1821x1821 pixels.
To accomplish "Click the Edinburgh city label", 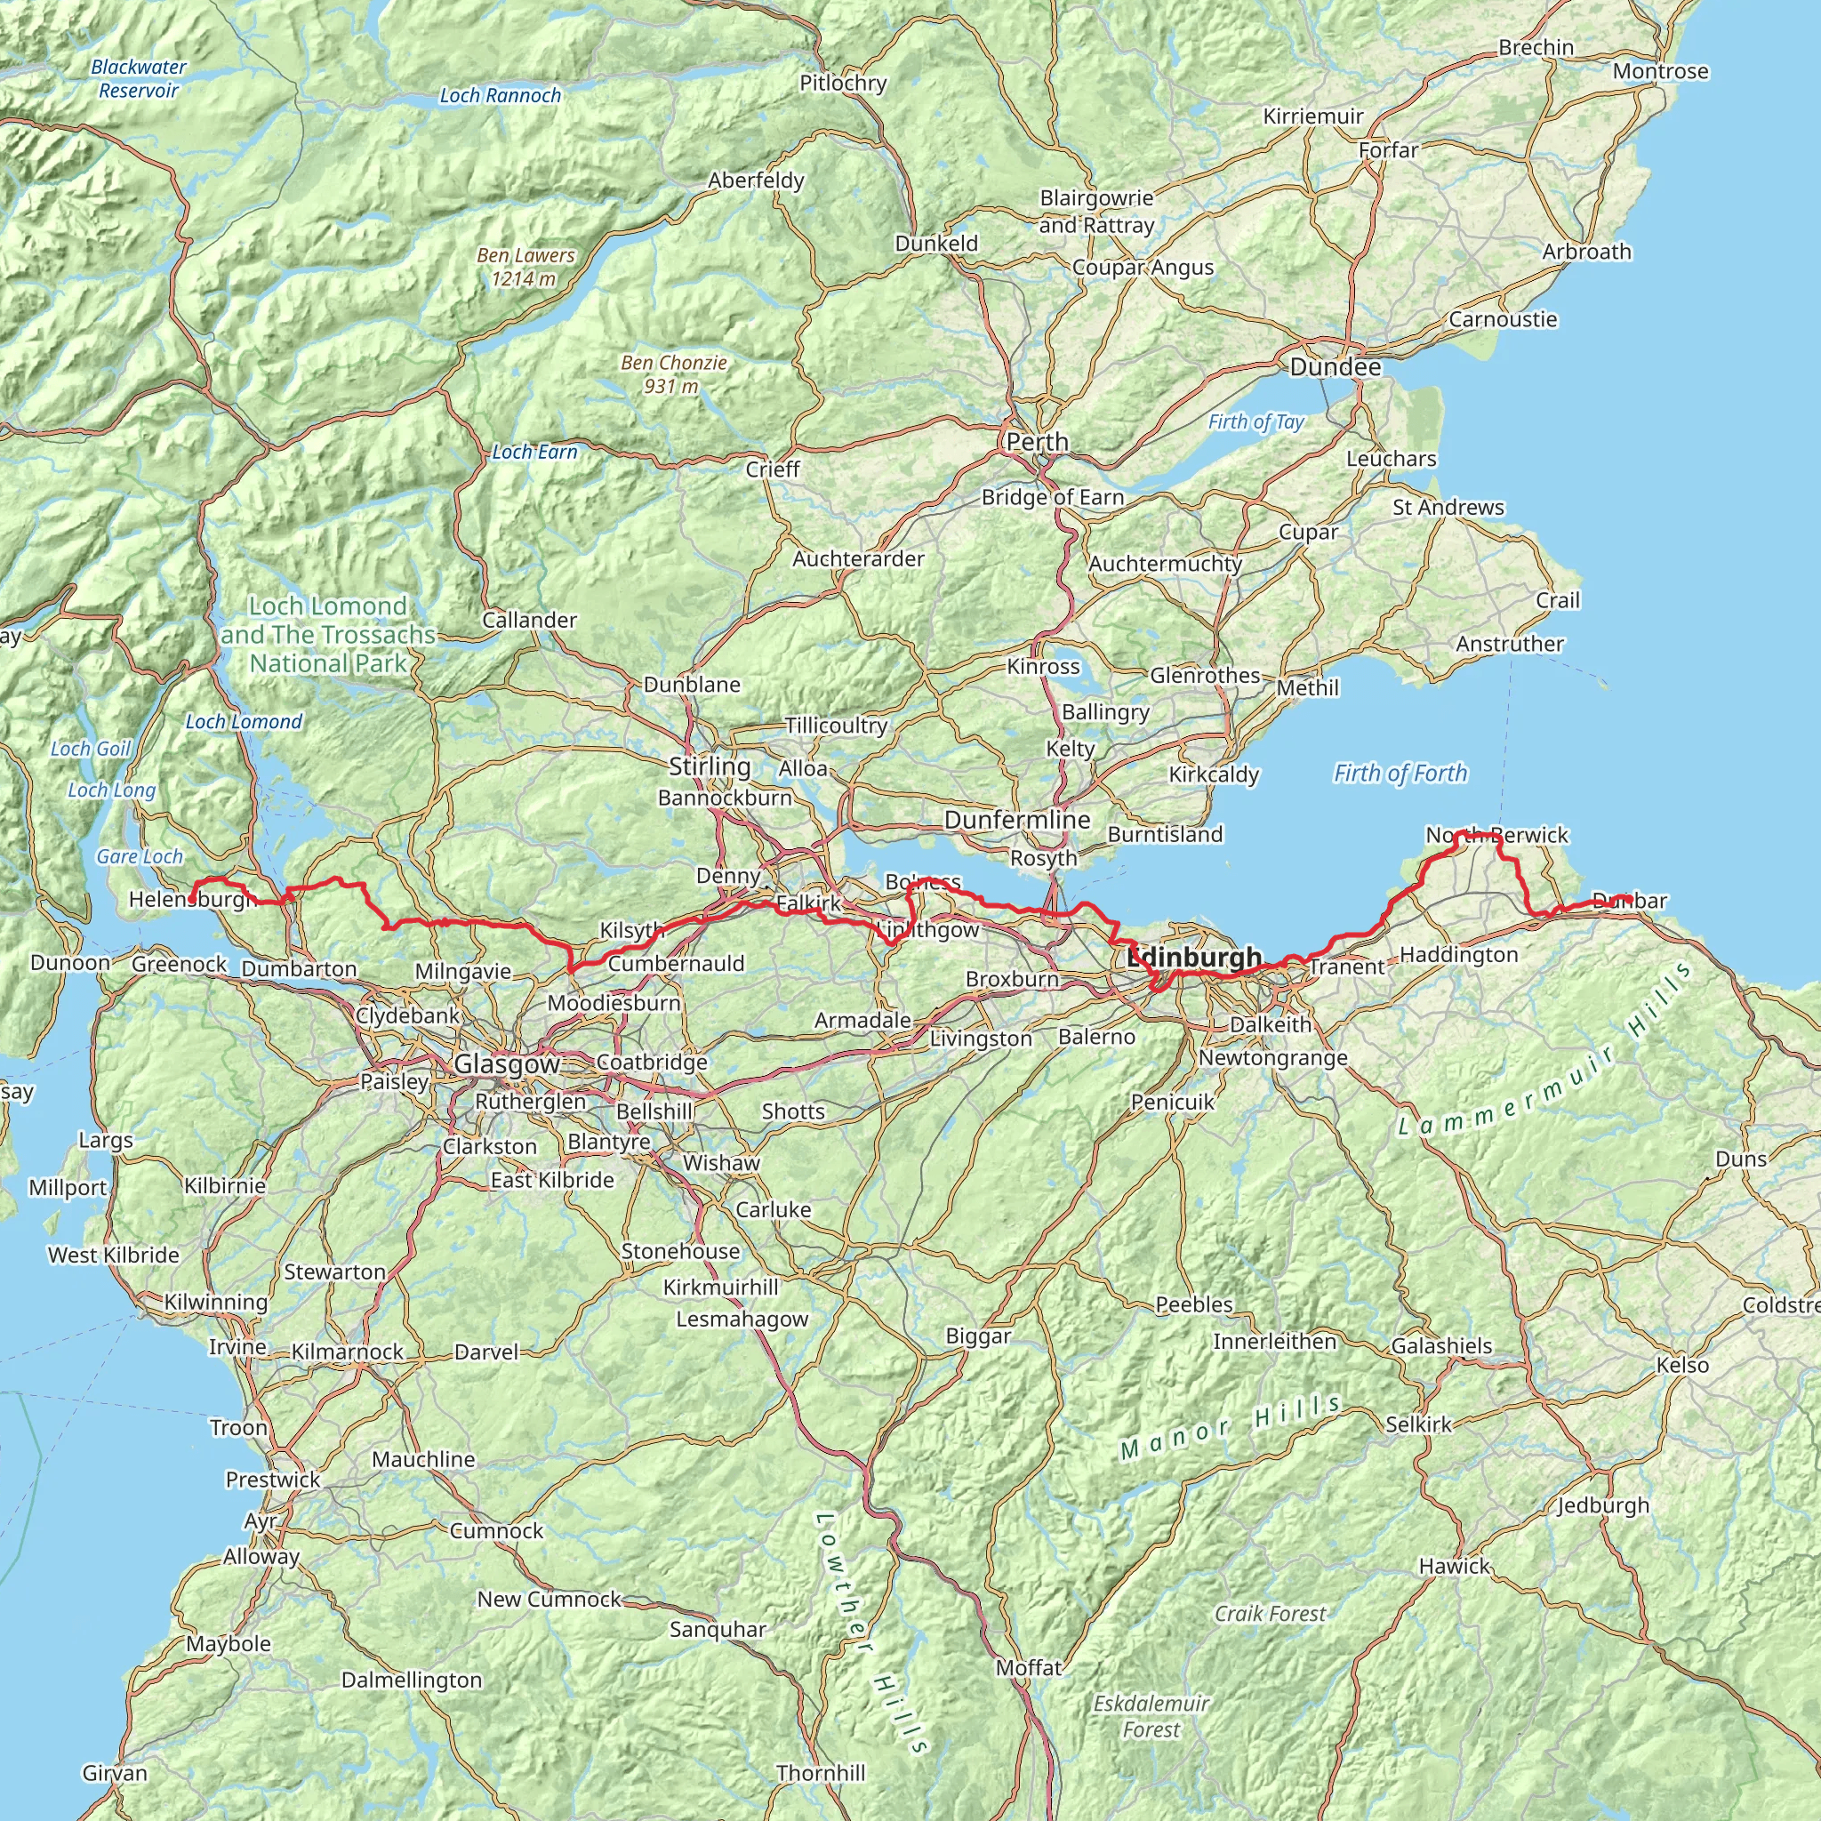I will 1194,958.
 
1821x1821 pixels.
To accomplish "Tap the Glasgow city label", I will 507,1064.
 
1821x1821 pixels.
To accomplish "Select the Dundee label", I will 1335,366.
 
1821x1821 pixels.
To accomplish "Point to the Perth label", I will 1037,441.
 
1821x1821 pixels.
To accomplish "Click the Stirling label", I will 710,766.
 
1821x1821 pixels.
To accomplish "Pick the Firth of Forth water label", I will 1400,773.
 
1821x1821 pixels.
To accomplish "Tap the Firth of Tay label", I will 1255,421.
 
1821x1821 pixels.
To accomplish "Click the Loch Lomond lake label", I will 243,721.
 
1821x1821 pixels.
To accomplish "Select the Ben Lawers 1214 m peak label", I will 525,267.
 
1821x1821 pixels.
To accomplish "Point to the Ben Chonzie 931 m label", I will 673,374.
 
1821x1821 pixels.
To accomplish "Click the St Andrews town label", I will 1448,507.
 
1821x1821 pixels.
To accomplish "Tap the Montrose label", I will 1660,72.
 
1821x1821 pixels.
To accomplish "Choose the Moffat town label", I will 1029,1667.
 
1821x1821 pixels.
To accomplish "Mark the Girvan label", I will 115,1773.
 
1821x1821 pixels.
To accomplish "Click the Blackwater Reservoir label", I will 139,78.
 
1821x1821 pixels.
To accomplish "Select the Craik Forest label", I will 1270,1614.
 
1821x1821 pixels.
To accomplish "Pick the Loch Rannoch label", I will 500,95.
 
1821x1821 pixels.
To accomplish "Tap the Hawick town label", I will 1455,1567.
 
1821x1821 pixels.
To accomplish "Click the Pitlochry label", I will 843,83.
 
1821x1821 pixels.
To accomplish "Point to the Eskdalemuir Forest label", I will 1151,1716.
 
